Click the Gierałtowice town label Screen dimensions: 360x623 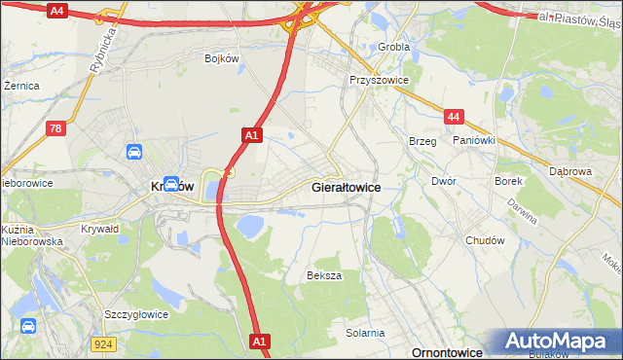coord(345,186)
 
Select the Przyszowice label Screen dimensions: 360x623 coord(379,81)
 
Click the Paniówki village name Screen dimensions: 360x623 coord(475,140)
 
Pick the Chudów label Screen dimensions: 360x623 coord(485,240)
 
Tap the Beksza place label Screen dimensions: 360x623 coord(324,275)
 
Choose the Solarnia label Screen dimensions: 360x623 coord(365,333)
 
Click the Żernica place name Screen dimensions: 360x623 coord(21,86)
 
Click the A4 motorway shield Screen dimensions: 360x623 coord(56,11)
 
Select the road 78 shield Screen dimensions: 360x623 coord(57,127)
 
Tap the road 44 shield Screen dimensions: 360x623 coord(453,117)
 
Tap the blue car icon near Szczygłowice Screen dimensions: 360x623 coord(27,326)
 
